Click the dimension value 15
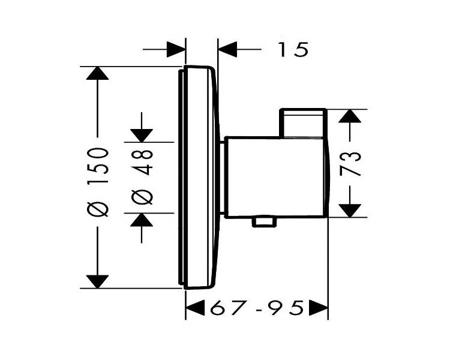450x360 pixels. tap(293, 49)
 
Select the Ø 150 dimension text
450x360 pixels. tap(98, 182)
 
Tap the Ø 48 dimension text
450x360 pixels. tap(142, 177)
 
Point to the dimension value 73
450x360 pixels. tap(350, 164)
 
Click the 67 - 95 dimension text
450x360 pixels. tap(257, 308)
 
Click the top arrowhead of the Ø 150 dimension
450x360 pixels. tap(98, 73)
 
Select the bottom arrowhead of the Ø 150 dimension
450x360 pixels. tap(98, 281)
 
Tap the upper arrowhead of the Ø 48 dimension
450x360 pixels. tap(142, 136)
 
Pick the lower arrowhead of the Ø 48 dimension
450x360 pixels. tap(142, 220)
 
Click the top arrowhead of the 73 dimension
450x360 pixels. tap(350, 116)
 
